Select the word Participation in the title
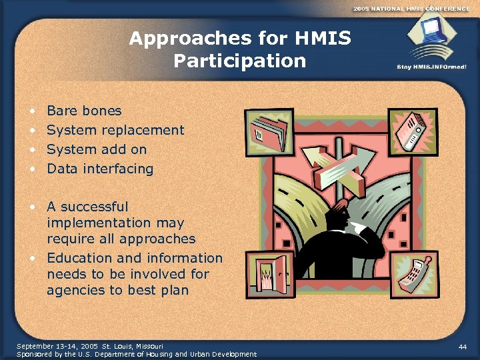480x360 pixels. [x=239, y=61]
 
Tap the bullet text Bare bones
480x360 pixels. [x=84, y=111]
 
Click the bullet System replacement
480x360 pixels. [x=115, y=130]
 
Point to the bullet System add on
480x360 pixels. [x=97, y=149]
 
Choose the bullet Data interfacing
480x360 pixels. [x=100, y=169]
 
